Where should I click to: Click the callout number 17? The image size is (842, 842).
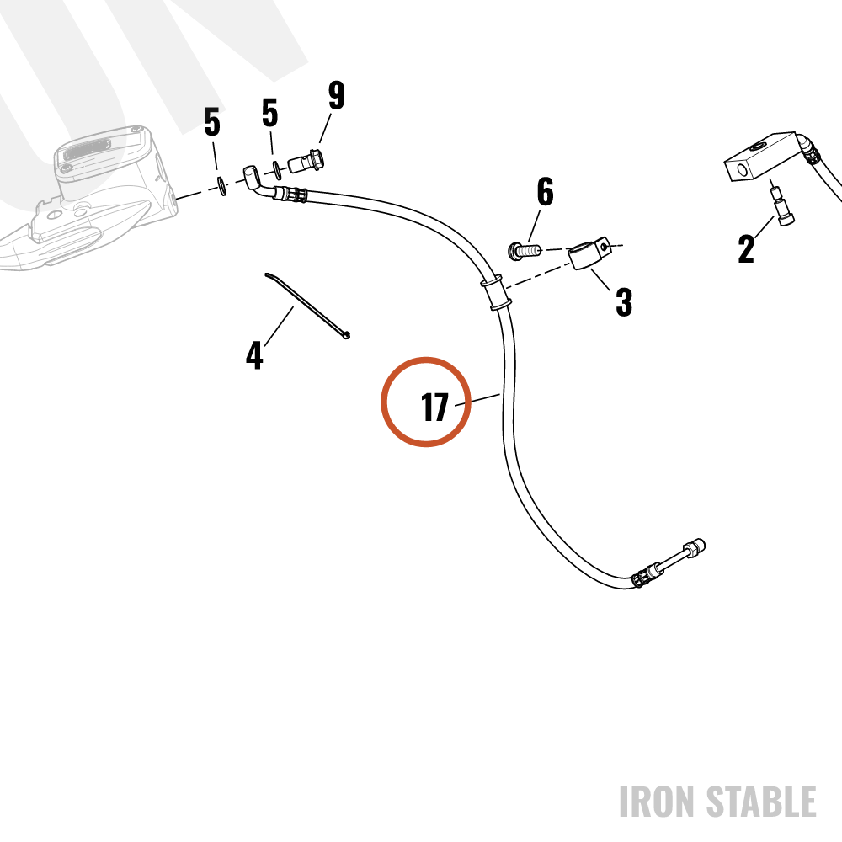[434, 408]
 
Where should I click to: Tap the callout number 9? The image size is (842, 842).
[337, 95]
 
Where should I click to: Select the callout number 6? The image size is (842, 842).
[545, 191]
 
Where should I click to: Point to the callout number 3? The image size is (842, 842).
[623, 301]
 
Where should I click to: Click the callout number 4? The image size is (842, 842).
[254, 355]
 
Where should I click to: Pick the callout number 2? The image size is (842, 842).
[746, 248]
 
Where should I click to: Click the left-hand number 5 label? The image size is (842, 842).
[212, 122]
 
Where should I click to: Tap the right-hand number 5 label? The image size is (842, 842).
[270, 113]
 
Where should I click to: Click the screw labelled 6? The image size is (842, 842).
[524, 251]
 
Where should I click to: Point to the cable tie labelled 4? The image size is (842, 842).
[307, 306]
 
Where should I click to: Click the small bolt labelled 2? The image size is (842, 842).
[781, 205]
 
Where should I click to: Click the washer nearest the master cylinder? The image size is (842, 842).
[222, 186]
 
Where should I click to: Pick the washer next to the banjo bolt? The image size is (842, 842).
[277, 170]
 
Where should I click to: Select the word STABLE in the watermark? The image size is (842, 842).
[761, 802]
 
